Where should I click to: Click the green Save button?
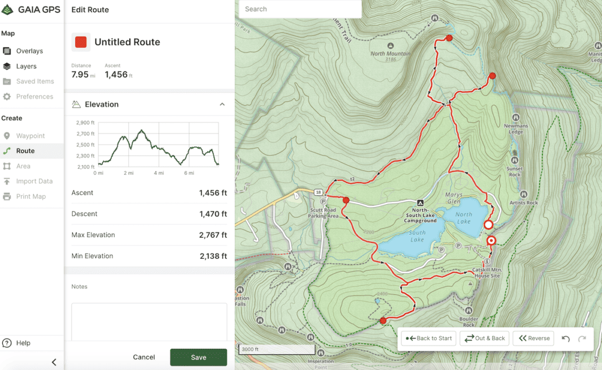click(198, 357)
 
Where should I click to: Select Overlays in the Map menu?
click(30, 51)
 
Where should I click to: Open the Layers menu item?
click(26, 66)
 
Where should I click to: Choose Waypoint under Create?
click(30, 136)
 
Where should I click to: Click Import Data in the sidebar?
click(34, 181)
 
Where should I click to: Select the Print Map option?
click(31, 196)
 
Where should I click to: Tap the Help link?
click(23, 343)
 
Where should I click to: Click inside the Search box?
click(300, 9)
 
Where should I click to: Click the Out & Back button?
click(484, 338)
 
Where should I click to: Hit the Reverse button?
click(534, 338)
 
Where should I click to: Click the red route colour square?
click(81, 42)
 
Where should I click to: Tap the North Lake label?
click(464, 218)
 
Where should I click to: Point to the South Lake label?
click(417, 236)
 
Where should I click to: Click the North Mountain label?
click(391, 54)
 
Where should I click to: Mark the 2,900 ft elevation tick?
click(85, 122)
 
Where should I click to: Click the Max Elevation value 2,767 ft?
click(213, 235)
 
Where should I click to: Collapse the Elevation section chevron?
click(222, 105)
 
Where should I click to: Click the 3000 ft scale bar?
click(277, 350)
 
